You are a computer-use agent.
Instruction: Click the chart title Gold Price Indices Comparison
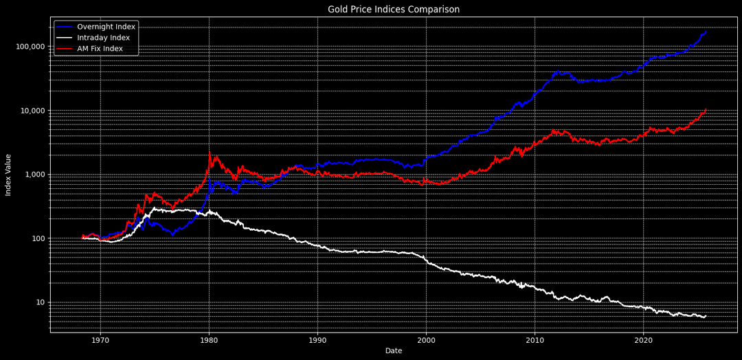pos(394,10)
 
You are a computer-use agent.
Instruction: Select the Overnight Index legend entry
pos(106,27)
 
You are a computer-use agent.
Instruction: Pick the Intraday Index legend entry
pos(103,38)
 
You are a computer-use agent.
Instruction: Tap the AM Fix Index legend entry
pos(100,49)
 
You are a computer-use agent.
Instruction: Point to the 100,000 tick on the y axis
pos(30,47)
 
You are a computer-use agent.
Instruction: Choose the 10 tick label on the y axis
pos(39,302)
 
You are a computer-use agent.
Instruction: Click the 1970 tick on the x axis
pos(100,340)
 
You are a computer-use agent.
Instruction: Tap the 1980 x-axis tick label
pos(209,340)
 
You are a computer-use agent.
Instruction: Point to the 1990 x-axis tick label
pos(317,340)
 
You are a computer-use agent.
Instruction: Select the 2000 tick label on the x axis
pos(426,340)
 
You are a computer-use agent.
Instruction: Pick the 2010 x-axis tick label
pos(535,340)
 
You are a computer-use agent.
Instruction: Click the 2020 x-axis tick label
pos(643,340)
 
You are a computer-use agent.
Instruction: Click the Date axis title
pos(394,351)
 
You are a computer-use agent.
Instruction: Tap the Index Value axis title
pos(9,175)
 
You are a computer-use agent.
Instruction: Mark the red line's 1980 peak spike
pos(210,153)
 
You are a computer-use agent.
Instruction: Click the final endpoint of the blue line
pos(706,31)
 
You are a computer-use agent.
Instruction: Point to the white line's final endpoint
pos(706,316)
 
